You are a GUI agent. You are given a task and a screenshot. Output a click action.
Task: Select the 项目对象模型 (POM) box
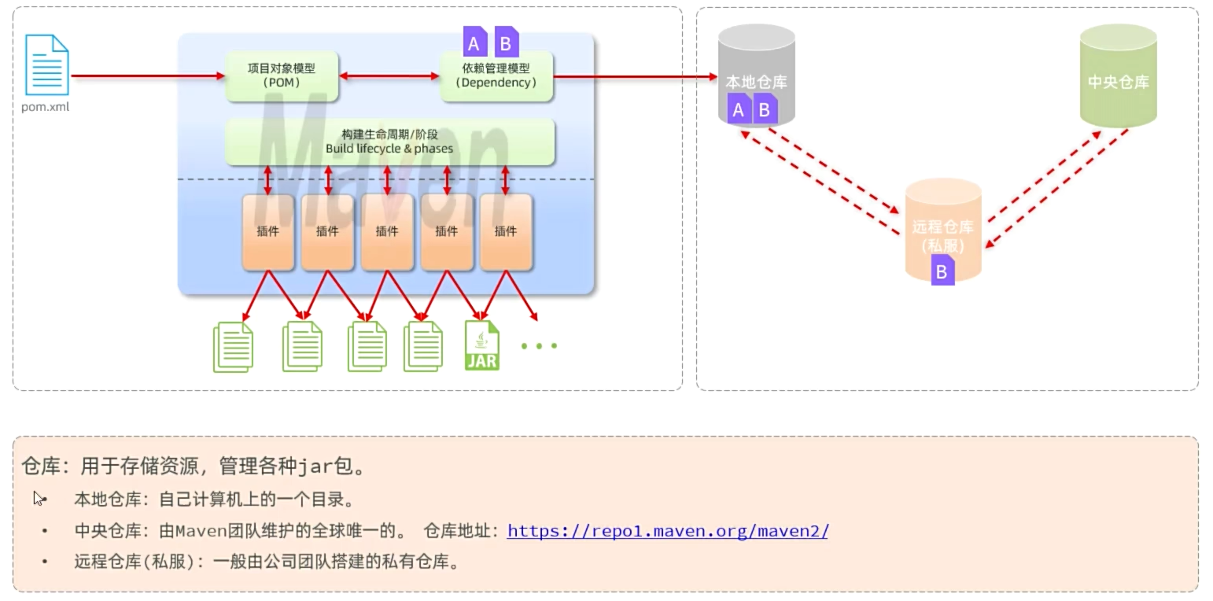tap(282, 76)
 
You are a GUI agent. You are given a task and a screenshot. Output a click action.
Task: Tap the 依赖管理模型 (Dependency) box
tap(496, 76)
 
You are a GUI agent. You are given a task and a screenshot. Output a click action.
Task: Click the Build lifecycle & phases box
tap(389, 142)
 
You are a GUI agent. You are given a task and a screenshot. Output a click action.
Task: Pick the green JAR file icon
tap(481, 345)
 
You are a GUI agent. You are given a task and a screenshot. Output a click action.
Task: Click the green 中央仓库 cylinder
tap(1118, 75)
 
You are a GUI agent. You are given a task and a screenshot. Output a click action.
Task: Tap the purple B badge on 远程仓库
tap(942, 272)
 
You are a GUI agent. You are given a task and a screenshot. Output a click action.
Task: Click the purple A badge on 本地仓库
tap(738, 109)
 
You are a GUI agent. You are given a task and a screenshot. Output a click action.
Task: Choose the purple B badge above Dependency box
tap(506, 42)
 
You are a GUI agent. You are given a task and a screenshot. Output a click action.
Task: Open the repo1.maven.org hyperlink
tap(667, 531)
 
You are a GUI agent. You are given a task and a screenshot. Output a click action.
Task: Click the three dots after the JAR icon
tap(539, 345)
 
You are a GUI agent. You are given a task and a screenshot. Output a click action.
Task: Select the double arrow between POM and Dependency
tap(389, 76)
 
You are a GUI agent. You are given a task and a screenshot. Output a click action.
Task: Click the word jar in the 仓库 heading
tap(315, 466)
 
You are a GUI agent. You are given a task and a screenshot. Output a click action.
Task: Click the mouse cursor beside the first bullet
tap(39, 498)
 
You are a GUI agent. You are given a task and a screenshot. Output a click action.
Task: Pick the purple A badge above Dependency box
tap(474, 43)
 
